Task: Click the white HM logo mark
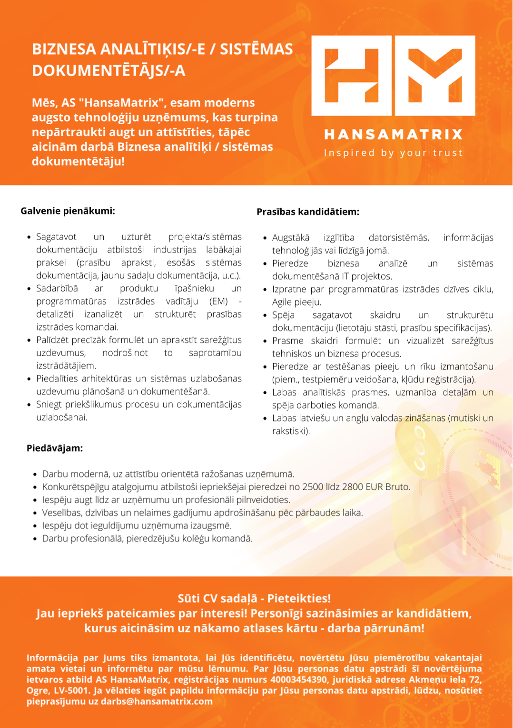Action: pos(393,76)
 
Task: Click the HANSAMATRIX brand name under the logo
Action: pos(393,135)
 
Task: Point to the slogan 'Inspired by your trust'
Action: pos(393,153)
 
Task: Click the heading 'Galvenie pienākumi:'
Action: pos(68,211)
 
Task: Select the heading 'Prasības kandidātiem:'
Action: pos(308,212)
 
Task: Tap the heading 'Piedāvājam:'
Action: pos(55,448)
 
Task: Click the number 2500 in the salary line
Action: pos(313,487)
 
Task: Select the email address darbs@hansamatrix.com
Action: pos(157,701)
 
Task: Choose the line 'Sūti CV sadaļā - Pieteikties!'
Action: pos(254,598)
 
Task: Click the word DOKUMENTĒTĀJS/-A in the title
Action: pos(109,70)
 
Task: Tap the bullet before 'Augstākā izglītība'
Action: pos(265,238)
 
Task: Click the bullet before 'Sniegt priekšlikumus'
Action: pos(29,405)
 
